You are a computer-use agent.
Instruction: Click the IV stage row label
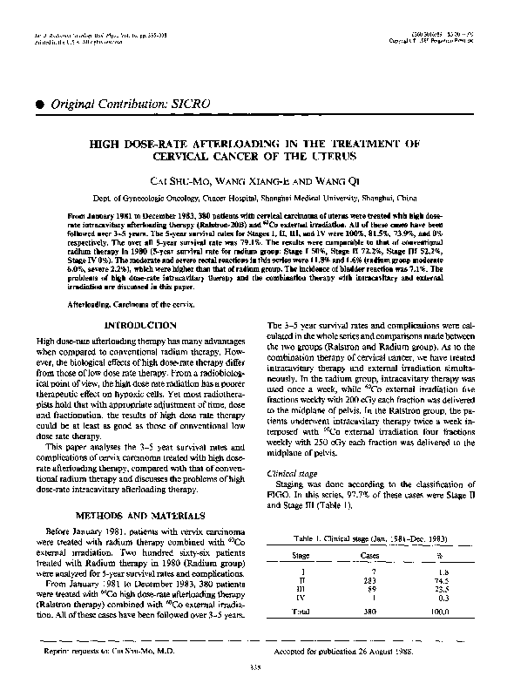(x=300, y=596)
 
